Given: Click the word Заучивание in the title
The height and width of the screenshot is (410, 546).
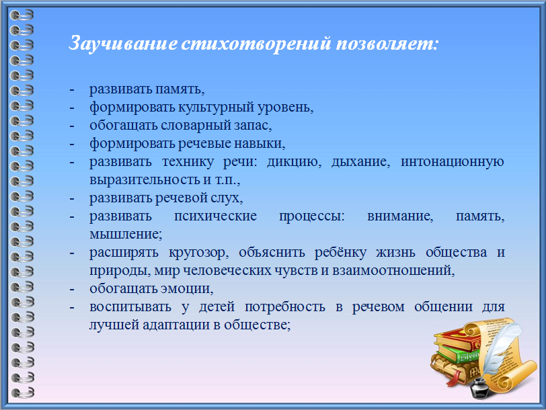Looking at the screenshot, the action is coord(123,44).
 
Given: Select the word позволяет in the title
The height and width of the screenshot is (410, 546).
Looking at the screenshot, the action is coord(385,44).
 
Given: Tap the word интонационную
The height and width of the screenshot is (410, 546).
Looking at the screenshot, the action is coord(453,162).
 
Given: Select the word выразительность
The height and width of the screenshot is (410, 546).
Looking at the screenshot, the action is coord(145,180).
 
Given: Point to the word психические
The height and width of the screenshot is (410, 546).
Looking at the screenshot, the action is coord(216,216).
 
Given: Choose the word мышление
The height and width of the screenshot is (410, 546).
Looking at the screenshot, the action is coord(126,234).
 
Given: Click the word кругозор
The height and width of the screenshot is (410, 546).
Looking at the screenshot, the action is coord(199,253).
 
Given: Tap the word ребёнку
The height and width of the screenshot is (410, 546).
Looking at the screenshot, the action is coord(340,252).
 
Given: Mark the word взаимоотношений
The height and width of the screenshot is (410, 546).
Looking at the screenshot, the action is coord(393,270).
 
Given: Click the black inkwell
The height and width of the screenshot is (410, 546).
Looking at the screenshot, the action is coord(480,387).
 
